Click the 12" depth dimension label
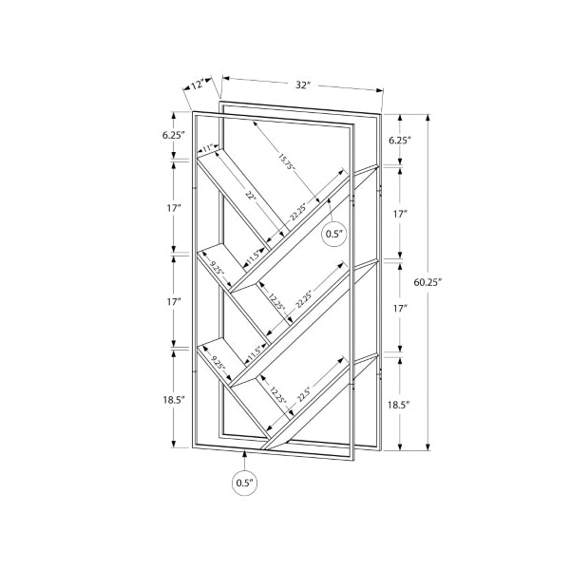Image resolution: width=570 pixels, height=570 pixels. pyautogui.click(x=198, y=85)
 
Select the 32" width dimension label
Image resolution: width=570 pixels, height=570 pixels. pyautogui.click(x=303, y=85)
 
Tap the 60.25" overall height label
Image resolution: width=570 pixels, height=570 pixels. pyautogui.click(x=427, y=282)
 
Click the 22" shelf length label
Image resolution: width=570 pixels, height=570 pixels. pyautogui.click(x=251, y=196)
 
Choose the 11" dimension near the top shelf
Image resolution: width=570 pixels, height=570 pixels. pyautogui.click(x=208, y=148)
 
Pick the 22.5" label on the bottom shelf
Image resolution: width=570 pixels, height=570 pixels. pyautogui.click(x=304, y=393)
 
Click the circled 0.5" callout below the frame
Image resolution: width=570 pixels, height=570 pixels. pyautogui.click(x=245, y=484)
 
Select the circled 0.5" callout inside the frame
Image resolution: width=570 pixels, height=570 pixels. pyautogui.click(x=334, y=234)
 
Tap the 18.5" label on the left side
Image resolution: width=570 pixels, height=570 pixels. pyautogui.click(x=174, y=400)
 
